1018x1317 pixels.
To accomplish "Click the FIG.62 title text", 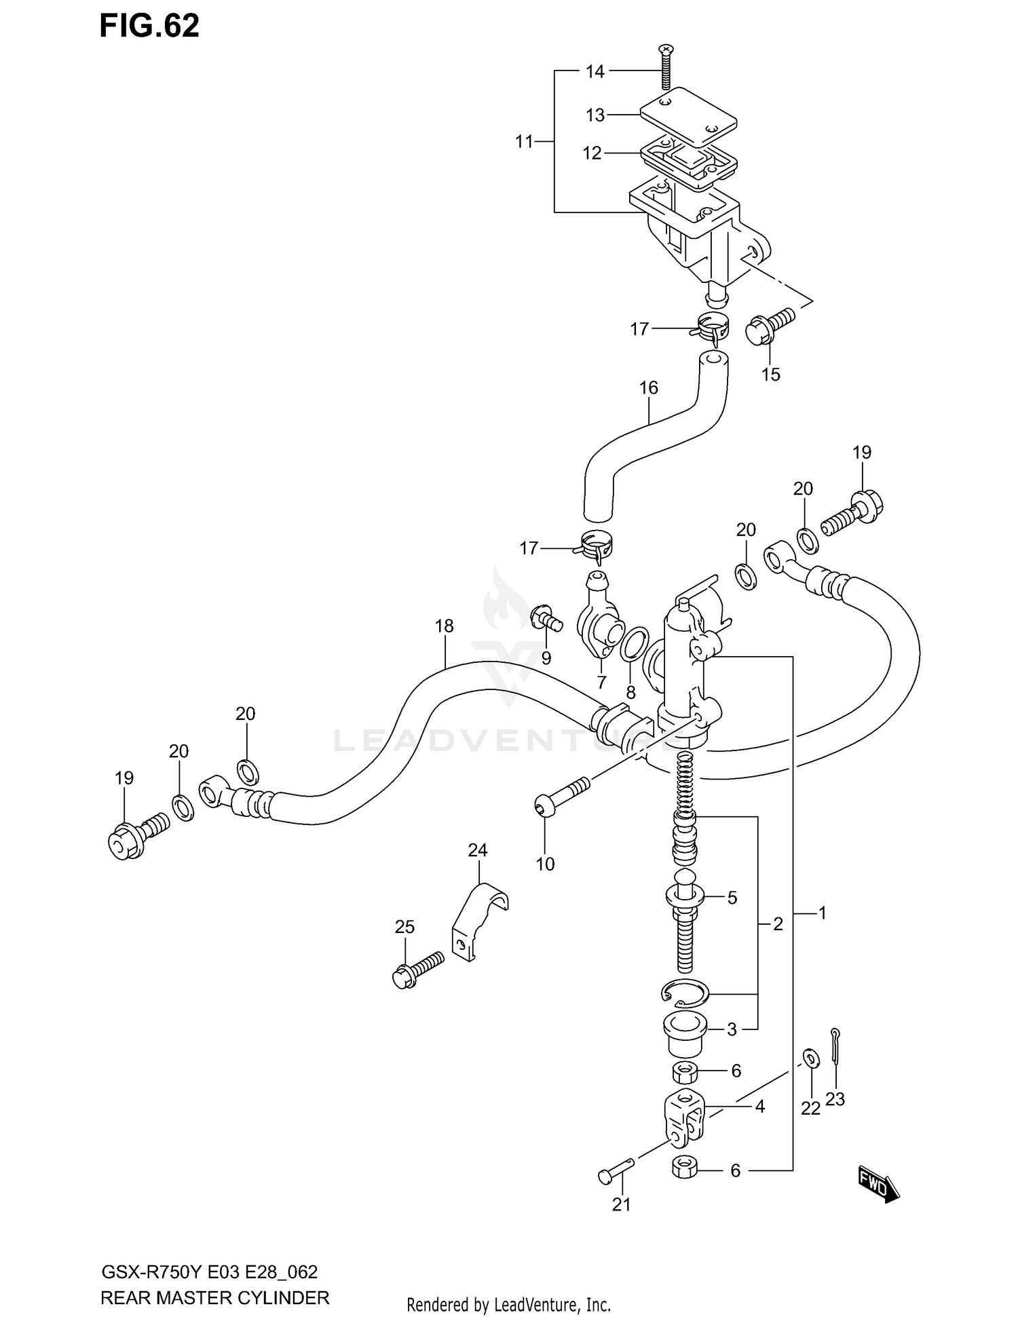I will (x=149, y=26).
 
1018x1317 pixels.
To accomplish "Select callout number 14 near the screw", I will (x=595, y=71).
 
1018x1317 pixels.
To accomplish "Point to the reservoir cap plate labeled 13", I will (x=689, y=118).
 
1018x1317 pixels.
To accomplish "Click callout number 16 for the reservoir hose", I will (x=649, y=387).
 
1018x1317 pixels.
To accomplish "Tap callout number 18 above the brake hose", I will (x=445, y=626).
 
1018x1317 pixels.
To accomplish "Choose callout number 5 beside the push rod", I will (x=732, y=898).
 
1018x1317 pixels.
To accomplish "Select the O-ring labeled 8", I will (x=633, y=643).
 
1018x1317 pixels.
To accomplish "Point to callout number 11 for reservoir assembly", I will (x=524, y=142).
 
